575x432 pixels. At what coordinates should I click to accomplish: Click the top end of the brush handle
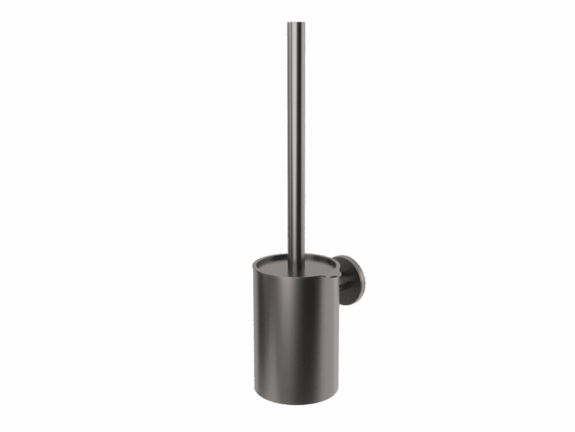tap(296, 24)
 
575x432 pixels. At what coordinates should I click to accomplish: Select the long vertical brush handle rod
tap(296, 135)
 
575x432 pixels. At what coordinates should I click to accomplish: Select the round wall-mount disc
tap(353, 280)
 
